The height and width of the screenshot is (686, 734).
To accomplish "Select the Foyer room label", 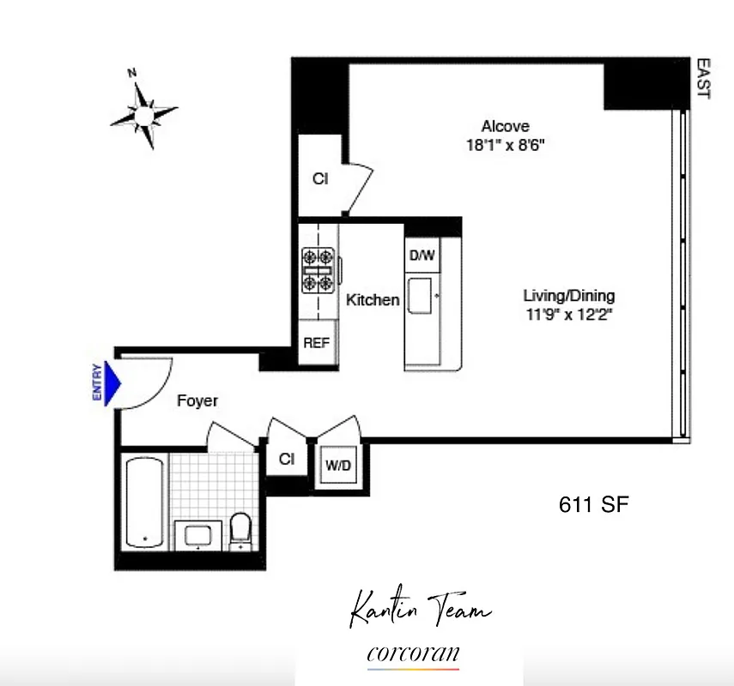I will (197, 400).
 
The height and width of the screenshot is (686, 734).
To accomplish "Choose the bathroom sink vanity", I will (199, 534).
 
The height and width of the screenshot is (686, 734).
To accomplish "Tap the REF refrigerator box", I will (316, 343).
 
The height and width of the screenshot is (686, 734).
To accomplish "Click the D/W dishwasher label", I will (422, 255).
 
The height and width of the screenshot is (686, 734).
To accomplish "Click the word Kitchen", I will (373, 300).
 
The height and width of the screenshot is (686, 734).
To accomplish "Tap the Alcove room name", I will (505, 126).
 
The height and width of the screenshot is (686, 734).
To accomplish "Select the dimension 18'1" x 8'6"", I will (505, 145).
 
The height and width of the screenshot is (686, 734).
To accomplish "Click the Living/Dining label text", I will (569, 296).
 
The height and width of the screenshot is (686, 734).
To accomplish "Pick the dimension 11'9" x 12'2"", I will (569, 314).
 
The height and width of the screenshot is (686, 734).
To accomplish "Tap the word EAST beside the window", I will (703, 78).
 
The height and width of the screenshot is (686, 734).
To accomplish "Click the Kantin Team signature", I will (421, 611).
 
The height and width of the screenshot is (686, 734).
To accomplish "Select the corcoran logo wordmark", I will (413, 653).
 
